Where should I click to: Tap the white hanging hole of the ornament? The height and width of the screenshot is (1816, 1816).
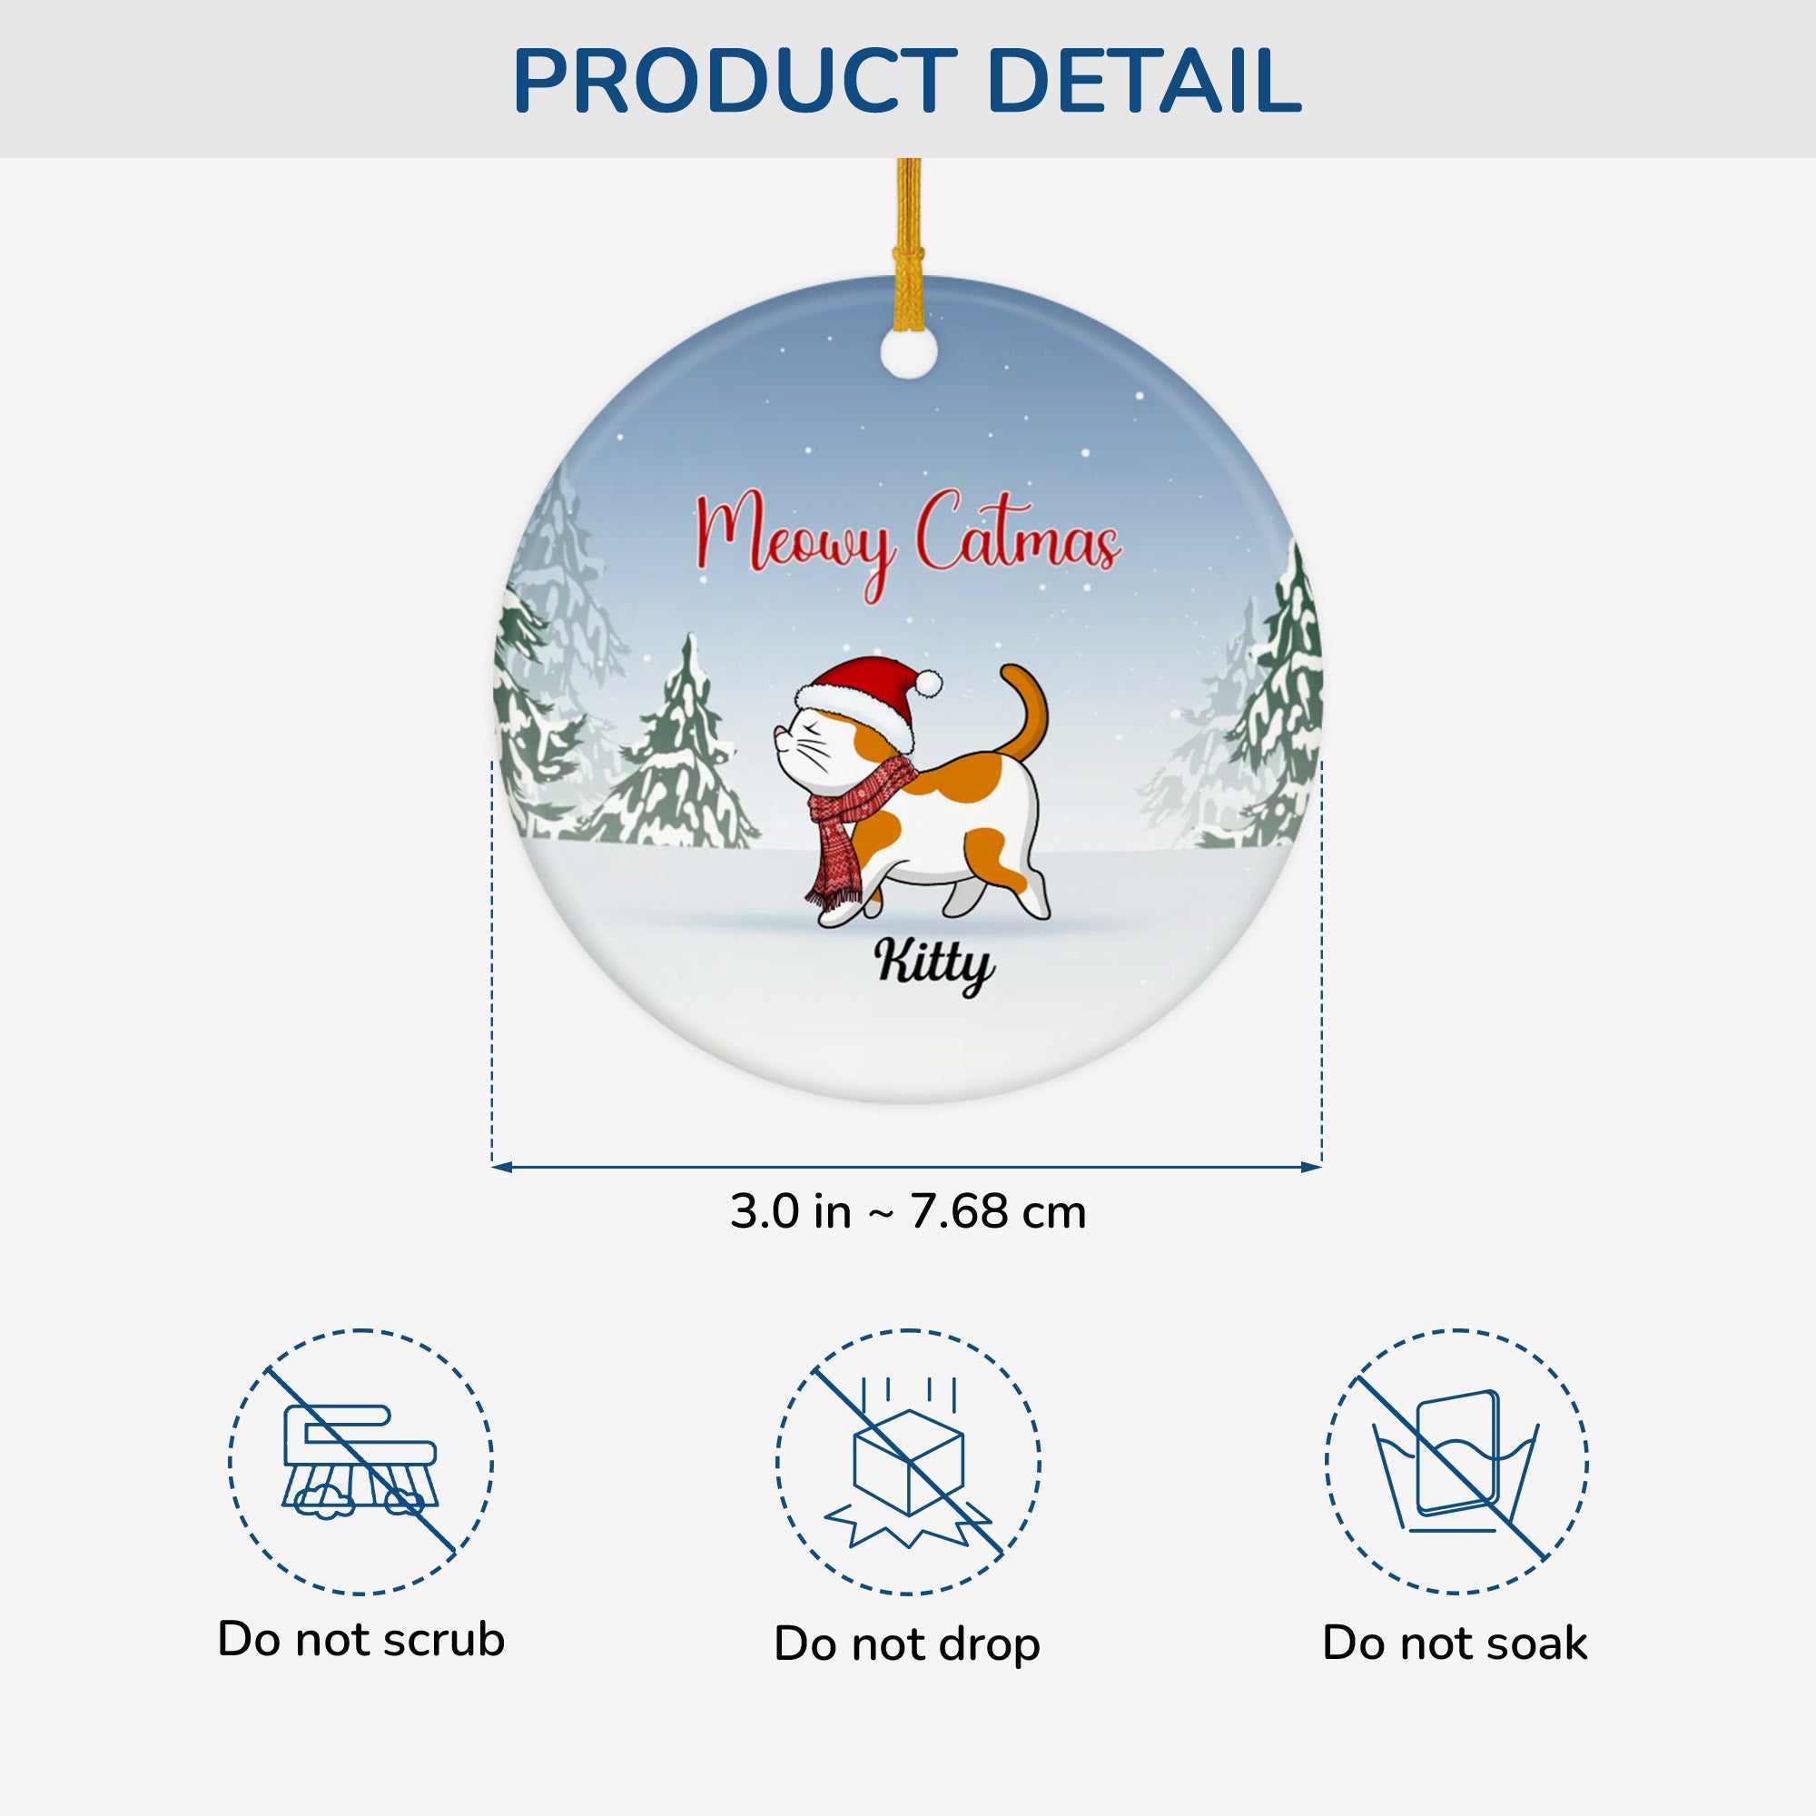[908, 352]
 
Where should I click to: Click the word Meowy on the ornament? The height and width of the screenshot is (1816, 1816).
[795, 543]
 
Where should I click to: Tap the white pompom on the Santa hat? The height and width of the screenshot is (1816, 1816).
[928, 684]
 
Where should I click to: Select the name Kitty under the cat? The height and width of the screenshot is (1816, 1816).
[933, 964]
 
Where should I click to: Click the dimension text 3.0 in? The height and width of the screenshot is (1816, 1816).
[791, 1211]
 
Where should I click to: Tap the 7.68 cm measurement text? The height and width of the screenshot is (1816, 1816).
[997, 1211]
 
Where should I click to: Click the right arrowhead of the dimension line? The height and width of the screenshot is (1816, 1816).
[1312, 1168]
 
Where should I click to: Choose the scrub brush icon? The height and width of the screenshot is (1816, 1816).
[360, 1461]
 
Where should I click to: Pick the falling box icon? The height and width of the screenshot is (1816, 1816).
[908, 1461]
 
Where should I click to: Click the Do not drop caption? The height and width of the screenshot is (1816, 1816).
[907, 1644]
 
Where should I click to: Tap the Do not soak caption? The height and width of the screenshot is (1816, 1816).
[1454, 1643]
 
